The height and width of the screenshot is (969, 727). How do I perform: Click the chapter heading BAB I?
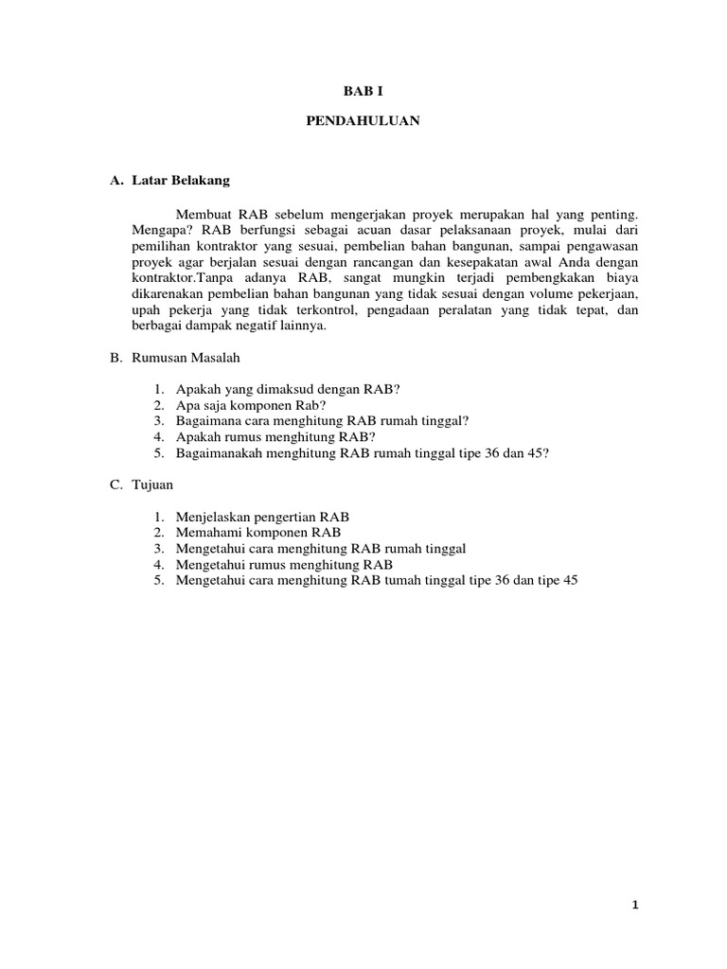click(363, 92)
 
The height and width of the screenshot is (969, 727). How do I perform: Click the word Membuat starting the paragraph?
click(205, 215)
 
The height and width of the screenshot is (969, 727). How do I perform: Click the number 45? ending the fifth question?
click(536, 452)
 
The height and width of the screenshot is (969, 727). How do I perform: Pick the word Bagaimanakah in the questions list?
click(217, 452)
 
